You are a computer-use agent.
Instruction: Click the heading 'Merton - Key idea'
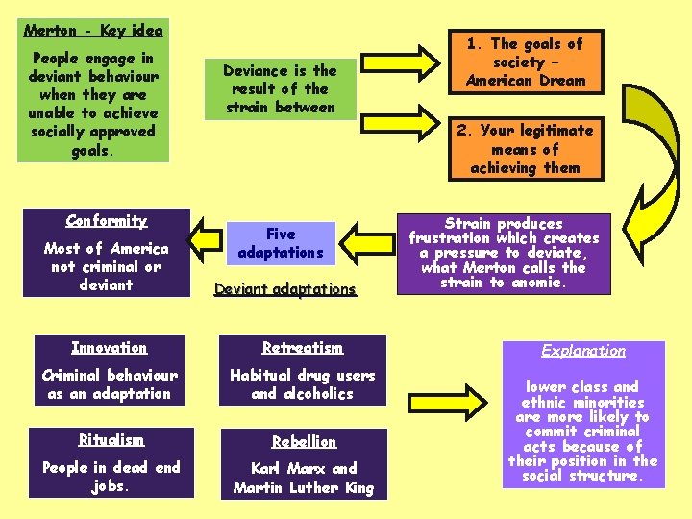point(93,31)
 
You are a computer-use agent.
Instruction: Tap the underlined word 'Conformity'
point(107,221)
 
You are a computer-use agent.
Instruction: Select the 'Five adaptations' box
point(281,243)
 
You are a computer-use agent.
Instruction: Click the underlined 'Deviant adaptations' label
point(285,289)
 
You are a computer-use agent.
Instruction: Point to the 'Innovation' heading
point(110,348)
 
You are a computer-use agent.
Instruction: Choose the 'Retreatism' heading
point(303,348)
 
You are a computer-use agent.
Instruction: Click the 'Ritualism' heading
point(110,440)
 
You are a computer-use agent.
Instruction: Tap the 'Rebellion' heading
point(304,442)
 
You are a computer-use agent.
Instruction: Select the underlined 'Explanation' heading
point(582,352)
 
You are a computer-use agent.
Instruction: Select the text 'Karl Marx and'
point(304,469)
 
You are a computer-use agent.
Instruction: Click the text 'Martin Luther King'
point(304,487)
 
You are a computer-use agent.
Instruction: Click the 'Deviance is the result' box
point(280,88)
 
